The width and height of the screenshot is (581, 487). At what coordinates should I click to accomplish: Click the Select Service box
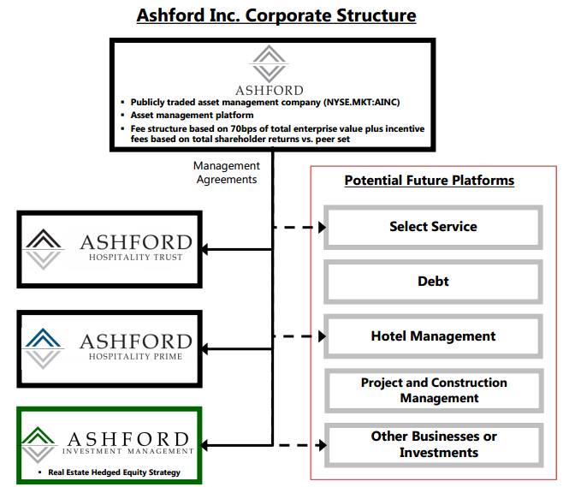point(433,227)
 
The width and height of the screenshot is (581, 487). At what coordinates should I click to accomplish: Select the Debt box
point(433,282)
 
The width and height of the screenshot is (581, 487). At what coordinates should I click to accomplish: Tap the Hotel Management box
point(433,336)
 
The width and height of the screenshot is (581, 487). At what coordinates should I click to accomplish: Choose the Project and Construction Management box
point(433,390)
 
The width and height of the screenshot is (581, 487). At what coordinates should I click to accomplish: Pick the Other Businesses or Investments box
point(433,444)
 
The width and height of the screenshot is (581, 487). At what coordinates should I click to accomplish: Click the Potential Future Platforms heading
point(429,181)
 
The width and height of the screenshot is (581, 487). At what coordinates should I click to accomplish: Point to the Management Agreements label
point(226,172)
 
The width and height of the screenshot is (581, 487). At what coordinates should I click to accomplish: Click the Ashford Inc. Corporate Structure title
point(276,15)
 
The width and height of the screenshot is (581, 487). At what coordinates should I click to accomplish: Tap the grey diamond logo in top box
point(269,65)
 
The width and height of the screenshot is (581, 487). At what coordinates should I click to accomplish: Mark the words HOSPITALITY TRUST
point(135,258)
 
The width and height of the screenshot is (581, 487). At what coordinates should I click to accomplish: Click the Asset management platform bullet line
point(192,115)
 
